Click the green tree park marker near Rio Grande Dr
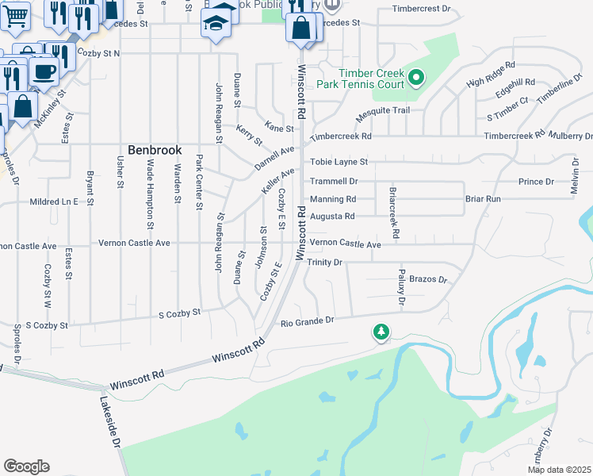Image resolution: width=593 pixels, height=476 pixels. point(381,332)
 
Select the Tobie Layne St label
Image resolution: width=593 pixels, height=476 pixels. point(339,162)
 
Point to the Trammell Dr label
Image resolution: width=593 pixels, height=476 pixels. point(334,182)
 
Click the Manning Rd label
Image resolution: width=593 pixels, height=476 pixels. point(332,199)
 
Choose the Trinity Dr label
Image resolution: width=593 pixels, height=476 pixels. point(324,262)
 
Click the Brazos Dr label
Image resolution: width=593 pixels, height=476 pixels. point(429,280)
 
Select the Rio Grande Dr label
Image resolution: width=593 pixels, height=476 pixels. point(308,321)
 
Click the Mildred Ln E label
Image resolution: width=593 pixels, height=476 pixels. point(54,202)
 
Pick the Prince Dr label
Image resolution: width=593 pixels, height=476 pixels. point(536,182)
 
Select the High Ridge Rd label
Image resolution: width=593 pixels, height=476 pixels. point(491,74)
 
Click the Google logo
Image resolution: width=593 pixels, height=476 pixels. point(25,466)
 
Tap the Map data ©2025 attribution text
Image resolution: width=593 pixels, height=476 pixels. point(560,470)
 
